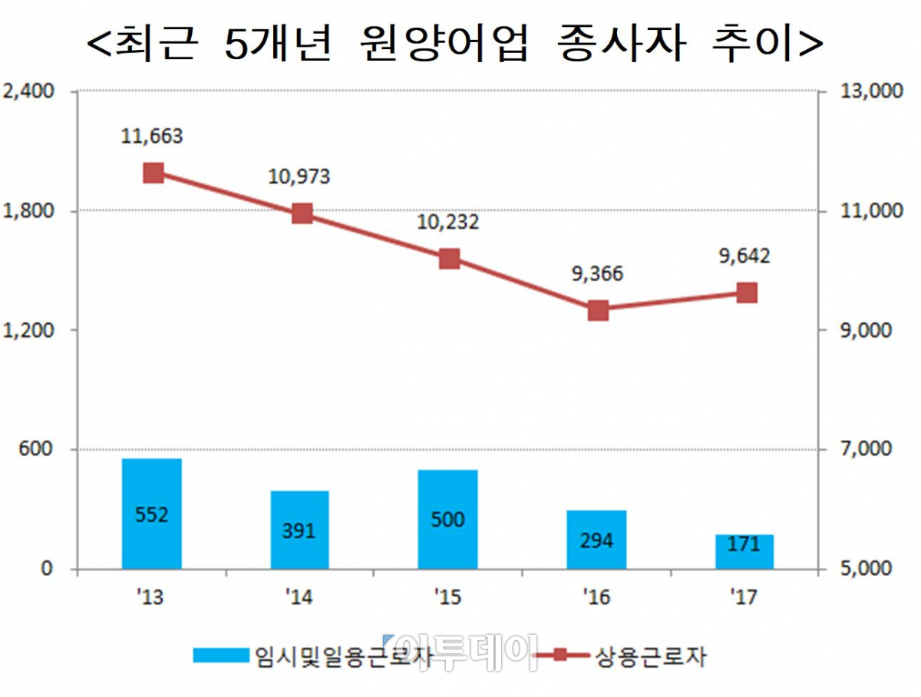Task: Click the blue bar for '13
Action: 151,514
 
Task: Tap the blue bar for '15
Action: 447,519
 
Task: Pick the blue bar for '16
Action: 596,540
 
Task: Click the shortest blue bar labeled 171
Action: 744,551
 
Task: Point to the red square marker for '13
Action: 153,173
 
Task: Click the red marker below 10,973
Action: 302,213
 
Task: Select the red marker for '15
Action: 450,259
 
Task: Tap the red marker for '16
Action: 599,311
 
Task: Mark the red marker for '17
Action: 747,293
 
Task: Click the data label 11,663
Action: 152,137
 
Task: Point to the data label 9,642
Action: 744,256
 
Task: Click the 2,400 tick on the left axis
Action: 28,91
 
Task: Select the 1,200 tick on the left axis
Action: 28,330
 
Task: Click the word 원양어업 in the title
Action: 443,46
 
